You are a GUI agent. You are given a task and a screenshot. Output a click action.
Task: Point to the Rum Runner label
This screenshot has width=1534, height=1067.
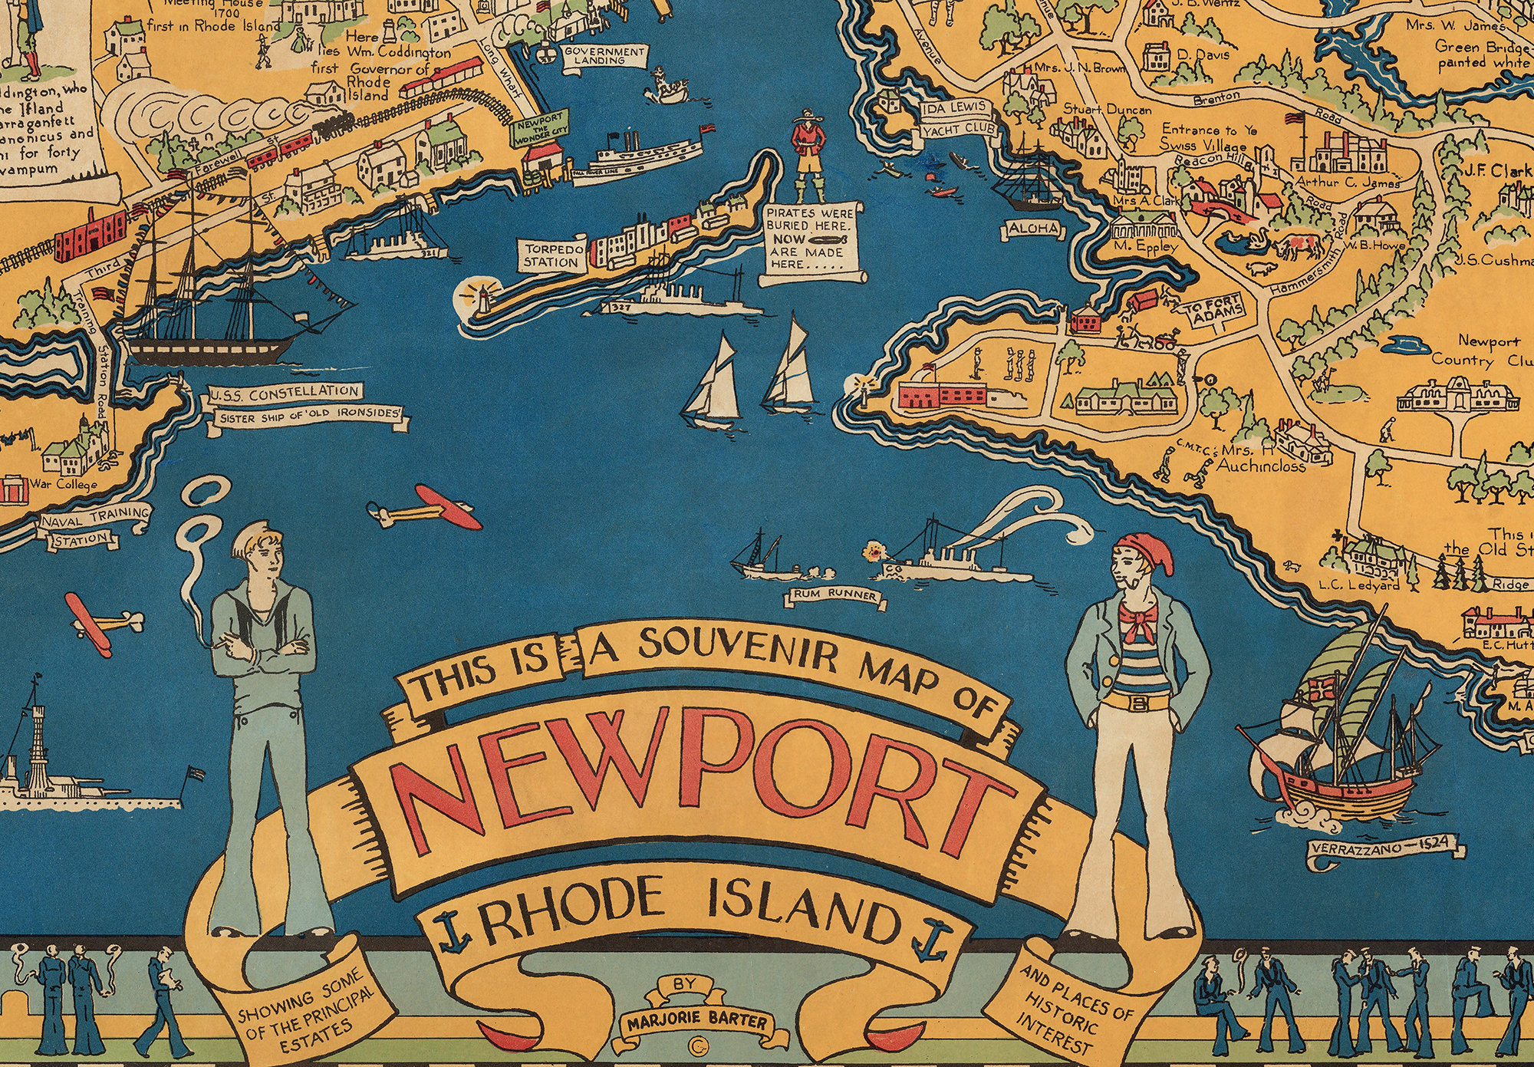point(834,595)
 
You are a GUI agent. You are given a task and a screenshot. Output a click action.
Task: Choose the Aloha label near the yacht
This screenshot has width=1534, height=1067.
point(1032,229)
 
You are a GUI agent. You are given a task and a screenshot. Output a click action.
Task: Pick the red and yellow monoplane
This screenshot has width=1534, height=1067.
point(426,507)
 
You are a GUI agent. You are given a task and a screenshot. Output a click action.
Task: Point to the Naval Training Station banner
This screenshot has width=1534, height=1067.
point(94,525)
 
